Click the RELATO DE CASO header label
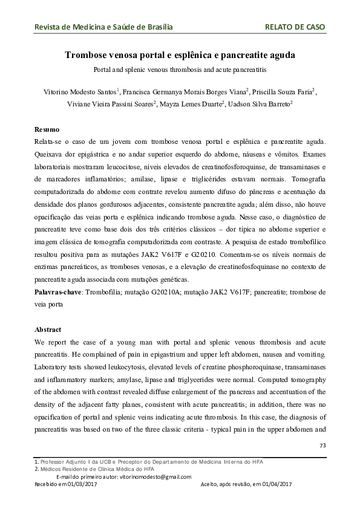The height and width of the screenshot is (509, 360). (x=295, y=27)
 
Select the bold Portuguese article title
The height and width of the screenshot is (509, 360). (x=180, y=56)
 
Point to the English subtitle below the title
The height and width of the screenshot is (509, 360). (x=180, y=70)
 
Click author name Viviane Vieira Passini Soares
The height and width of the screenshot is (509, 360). (x=111, y=104)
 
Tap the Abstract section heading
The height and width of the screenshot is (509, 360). (x=49, y=330)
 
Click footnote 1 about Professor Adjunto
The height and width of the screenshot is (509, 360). (x=151, y=462)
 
